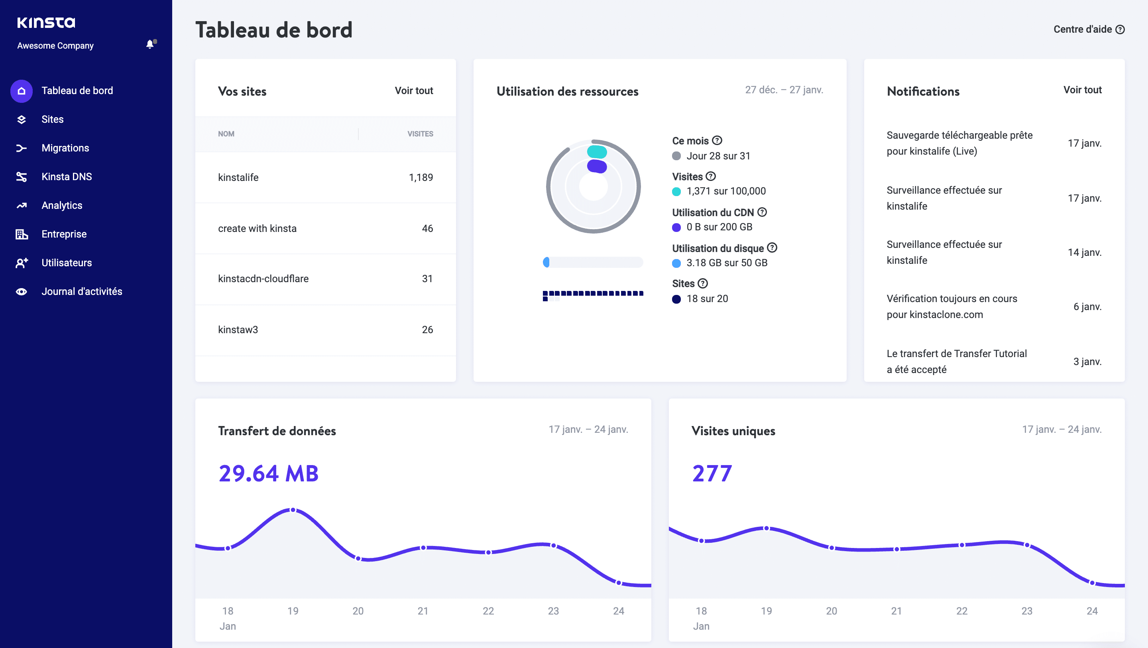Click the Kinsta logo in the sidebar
click(46, 22)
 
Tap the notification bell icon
click(150, 44)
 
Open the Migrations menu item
click(65, 148)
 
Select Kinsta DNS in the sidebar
click(67, 177)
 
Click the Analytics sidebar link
click(61, 206)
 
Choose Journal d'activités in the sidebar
click(82, 291)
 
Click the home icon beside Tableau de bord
click(22, 91)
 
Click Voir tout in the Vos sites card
click(414, 90)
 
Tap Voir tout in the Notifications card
click(1082, 90)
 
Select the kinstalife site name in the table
click(238, 177)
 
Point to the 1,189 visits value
click(421, 177)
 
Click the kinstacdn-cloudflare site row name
click(263, 279)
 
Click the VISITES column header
click(420, 134)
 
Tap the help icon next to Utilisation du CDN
click(762, 212)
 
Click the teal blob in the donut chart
click(597, 152)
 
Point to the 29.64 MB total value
click(268, 473)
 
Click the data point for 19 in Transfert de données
click(293, 510)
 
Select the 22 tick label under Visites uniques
click(961, 611)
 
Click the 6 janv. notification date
click(1087, 306)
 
